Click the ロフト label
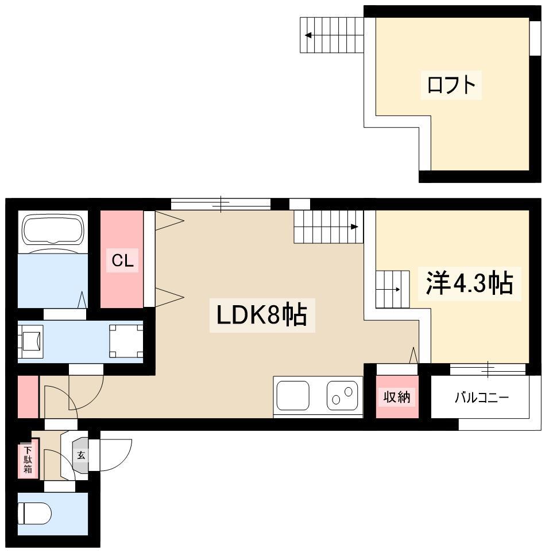coord(451,85)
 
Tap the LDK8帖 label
coord(262,315)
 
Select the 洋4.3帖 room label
coord(470,283)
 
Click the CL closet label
coord(122,260)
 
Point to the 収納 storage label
coord(397,397)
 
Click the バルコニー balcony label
coord(482,398)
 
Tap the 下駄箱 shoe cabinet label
coord(28,459)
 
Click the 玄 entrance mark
coord(81,455)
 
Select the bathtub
coord(53,229)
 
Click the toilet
coord(34,513)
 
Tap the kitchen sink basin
coord(293,395)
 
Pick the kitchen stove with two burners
coord(342,395)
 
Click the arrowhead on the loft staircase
coord(308,35)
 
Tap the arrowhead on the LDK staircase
coord(355,227)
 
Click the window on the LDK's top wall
coord(221,204)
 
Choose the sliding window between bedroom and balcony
coord(488,369)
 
